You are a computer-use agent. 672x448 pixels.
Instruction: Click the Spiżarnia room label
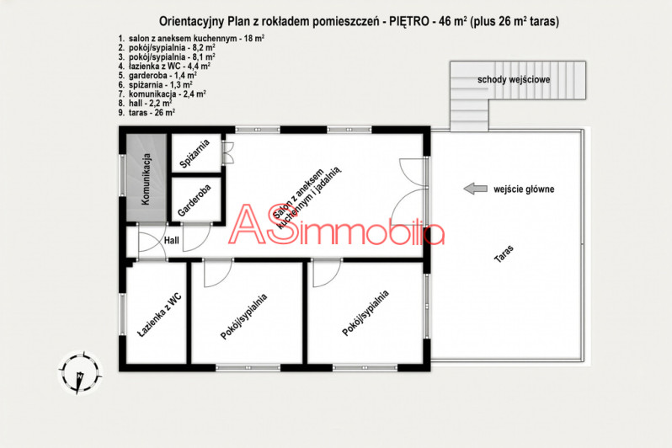point(195,153)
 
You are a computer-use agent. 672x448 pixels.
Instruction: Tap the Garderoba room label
point(195,200)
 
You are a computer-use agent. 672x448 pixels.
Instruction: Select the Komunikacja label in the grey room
point(146,179)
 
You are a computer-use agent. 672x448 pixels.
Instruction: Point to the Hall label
point(172,241)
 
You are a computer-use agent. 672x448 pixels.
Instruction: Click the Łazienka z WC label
point(159,316)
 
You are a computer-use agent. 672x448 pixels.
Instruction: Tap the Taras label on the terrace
point(504,253)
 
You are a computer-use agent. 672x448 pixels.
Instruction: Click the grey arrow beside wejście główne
point(476,189)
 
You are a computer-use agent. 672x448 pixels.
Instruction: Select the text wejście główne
point(524,189)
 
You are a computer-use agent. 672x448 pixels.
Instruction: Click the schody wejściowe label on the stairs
point(514,80)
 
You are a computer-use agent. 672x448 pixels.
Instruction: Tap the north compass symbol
point(80,372)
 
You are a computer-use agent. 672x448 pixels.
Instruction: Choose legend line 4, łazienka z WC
point(164,66)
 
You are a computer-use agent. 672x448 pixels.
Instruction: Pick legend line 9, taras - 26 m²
point(147,112)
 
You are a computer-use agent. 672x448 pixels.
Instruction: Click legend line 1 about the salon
point(191,38)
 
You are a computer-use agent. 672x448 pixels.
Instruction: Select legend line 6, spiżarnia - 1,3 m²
point(155,84)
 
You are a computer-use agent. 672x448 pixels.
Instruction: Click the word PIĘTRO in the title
point(409,21)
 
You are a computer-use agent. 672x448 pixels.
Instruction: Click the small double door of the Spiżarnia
point(227,153)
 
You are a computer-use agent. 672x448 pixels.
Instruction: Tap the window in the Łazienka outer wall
point(123,315)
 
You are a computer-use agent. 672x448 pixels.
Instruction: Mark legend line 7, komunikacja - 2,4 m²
point(162,93)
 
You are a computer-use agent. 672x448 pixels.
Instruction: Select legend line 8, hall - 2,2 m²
point(146,103)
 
